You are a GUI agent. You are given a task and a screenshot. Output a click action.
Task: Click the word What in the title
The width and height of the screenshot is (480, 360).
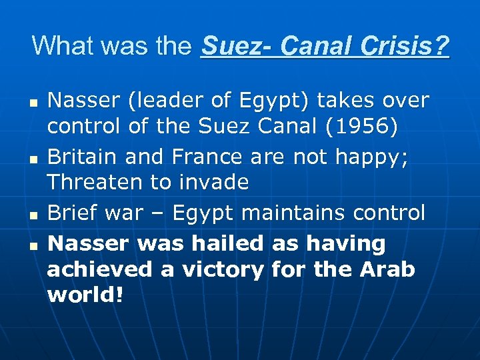pyautogui.click(x=59, y=46)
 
